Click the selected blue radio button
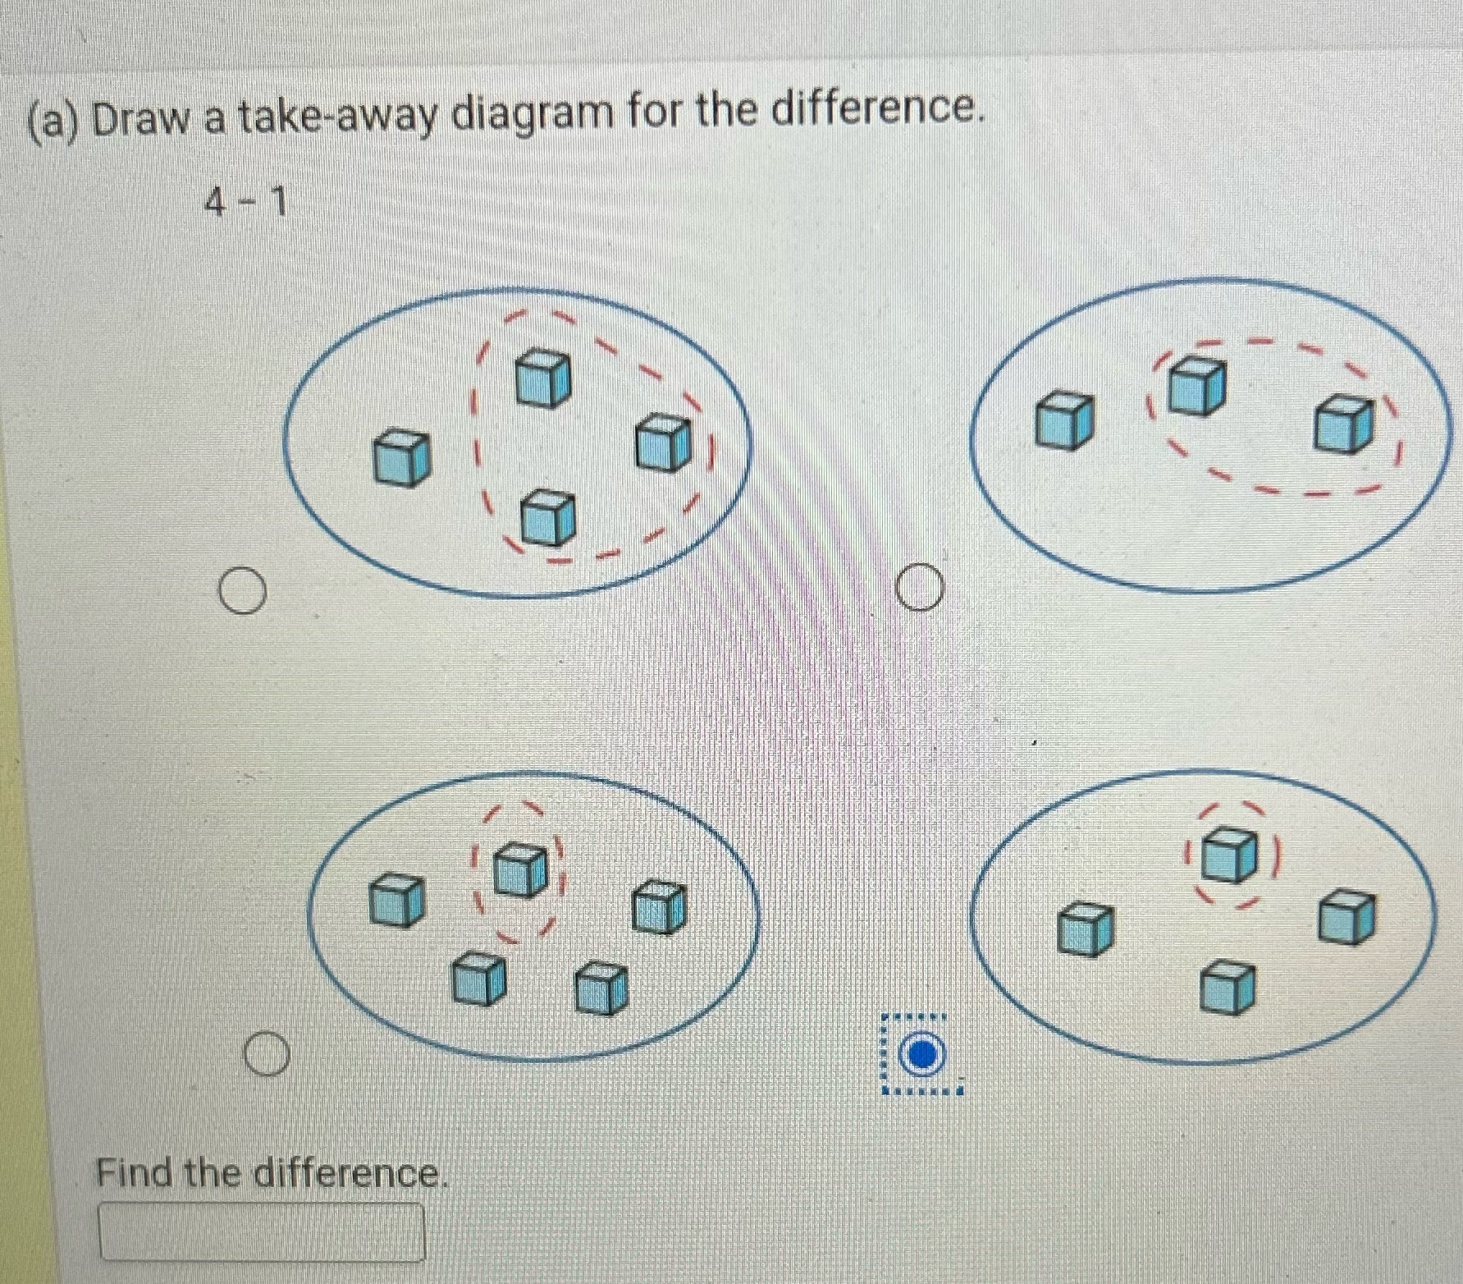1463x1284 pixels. tap(922, 1054)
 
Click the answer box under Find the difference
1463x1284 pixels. tap(262, 1231)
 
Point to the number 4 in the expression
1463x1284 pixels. tap(215, 202)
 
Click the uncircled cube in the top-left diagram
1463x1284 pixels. tap(401, 459)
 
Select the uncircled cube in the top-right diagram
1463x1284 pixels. tap(1064, 420)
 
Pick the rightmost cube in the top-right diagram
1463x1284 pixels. tap(1343, 424)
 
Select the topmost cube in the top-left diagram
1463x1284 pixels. tap(543, 377)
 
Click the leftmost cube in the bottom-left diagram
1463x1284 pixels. tap(396, 899)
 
